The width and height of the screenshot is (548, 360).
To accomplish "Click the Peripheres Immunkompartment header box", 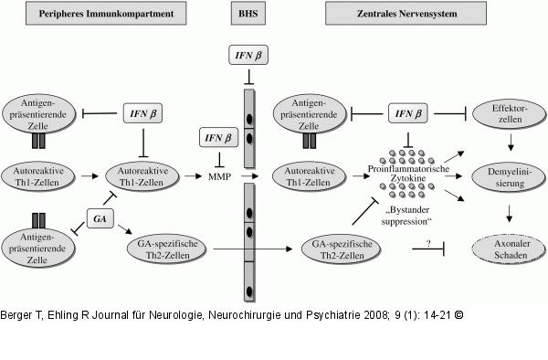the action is (x=106, y=14).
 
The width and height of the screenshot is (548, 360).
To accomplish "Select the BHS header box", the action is (x=248, y=14).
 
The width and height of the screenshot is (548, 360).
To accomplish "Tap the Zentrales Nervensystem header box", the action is (x=406, y=14).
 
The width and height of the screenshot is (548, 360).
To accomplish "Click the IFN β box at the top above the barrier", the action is (x=248, y=55).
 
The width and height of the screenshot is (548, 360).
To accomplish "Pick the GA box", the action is (x=100, y=218).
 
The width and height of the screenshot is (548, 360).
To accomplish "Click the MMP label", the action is (x=219, y=176).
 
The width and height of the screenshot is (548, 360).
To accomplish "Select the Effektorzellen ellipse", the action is (x=510, y=114).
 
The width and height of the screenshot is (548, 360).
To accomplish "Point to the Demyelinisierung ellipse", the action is (x=509, y=177).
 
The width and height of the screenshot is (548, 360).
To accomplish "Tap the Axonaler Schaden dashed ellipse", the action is (x=509, y=249).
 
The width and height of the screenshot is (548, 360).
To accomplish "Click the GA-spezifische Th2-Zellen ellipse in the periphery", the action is (x=167, y=249).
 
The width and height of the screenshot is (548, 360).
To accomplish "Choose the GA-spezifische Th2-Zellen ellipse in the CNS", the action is (x=341, y=249).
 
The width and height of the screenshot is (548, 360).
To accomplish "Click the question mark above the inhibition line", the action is (x=429, y=243).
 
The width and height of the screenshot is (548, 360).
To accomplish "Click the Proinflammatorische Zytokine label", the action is (x=408, y=174).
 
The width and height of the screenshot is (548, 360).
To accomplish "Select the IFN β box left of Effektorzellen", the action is (x=408, y=113).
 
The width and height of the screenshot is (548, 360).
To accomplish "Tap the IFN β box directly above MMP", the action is (x=219, y=137).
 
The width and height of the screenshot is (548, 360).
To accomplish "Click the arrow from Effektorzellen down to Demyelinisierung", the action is (x=511, y=143).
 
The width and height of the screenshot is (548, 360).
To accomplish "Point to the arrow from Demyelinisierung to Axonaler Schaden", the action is (x=510, y=214).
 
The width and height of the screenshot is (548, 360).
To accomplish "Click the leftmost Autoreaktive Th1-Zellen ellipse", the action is (x=37, y=176).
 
